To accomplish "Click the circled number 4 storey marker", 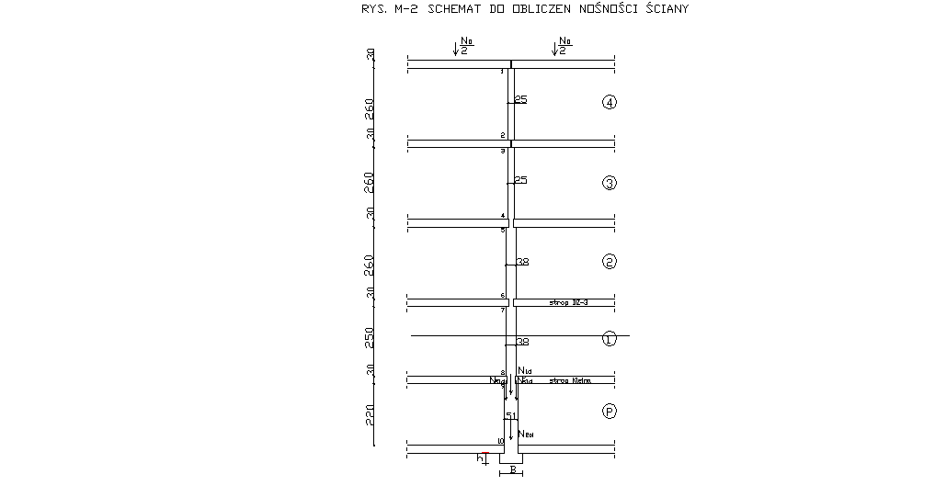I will coord(609,102).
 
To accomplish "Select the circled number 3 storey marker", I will coord(609,183).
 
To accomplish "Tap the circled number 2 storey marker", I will coord(609,262).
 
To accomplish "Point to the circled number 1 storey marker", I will coord(609,339).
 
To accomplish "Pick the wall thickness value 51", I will coord(511,416).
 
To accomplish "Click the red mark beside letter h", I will coord(485,453).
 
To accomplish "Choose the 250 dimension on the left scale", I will coord(370,337).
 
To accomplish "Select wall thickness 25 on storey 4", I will coord(520,99).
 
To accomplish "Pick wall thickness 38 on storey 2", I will coord(522,262).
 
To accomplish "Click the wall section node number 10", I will coord(500,441).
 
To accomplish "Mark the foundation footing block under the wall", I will coord(511,457).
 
